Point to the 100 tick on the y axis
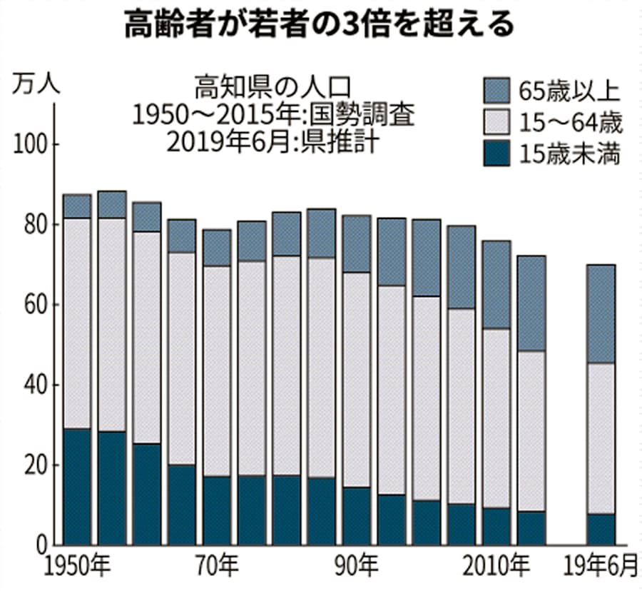[x=29, y=145]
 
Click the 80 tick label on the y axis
[x=33, y=226]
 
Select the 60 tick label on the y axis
[x=33, y=305]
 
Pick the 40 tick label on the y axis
[x=33, y=385]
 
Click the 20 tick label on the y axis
[x=33, y=466]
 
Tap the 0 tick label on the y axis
[x=40, y=546]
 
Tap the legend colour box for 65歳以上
[x=495, y=91]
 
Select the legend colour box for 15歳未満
[x=495, y=153]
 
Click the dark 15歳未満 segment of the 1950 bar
[x=77, y=487]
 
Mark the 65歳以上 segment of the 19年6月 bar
[x=601, y=314]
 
